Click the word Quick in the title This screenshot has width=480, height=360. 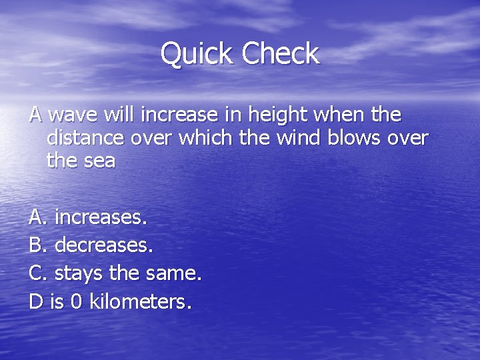coord(197,54)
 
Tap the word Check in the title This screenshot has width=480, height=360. coord(281,54)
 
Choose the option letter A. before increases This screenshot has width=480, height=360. coord(38,217)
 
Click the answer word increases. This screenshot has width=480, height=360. coord(101,217)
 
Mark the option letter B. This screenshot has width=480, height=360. coord(38,245)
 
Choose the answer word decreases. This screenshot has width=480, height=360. coord(104,245)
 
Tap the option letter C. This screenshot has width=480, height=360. coord(38,273)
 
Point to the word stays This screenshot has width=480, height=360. coord(77,274)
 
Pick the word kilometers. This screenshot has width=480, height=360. coord(141,302)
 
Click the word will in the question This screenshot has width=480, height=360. coord(119,115)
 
